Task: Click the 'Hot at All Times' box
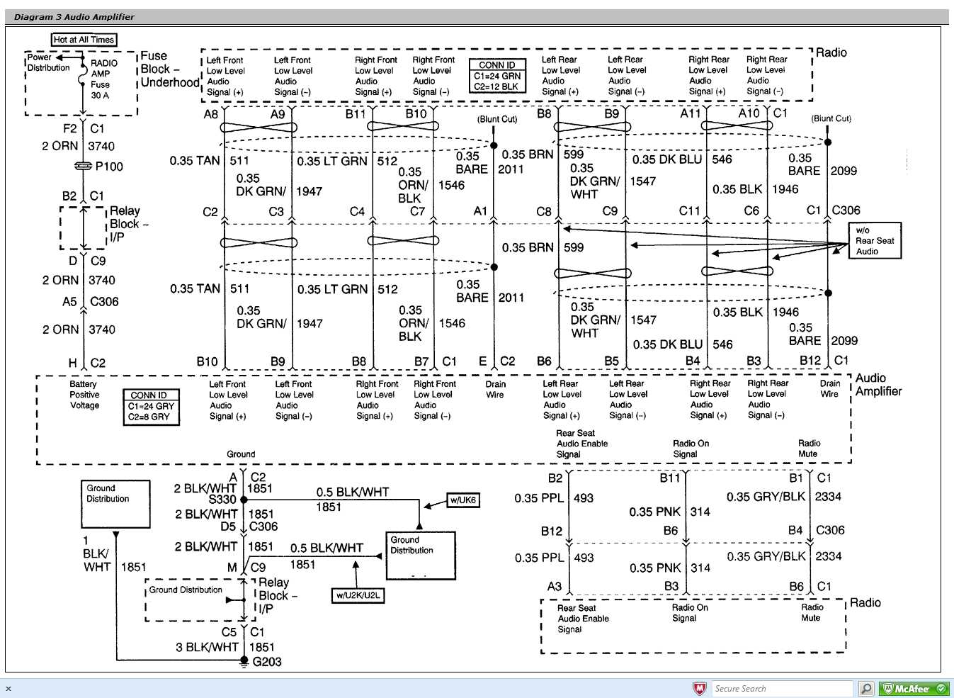coord(84,40)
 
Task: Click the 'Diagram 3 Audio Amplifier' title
coord(74,17)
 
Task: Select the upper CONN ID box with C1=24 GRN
coord(497,76)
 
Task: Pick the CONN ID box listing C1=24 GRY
coord(150,407)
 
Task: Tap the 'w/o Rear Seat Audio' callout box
coord(875,241)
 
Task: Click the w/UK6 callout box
coord(463,500)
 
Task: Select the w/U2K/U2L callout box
coord(358,596)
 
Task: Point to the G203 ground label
coord(267,662)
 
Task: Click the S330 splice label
coord(222,500)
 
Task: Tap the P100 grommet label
coord(109,167)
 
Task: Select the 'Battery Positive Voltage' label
coord(84,395)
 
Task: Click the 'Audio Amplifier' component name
coord(878,385)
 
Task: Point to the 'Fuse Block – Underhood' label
coord(169,69)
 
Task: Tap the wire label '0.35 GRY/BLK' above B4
coord(766,497)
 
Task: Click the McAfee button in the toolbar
coord(914,689)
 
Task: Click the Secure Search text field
coord(781,689)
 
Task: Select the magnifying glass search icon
coord(866,689)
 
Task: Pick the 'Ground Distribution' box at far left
coord(115,504)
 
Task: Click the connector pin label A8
coord(211,114)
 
